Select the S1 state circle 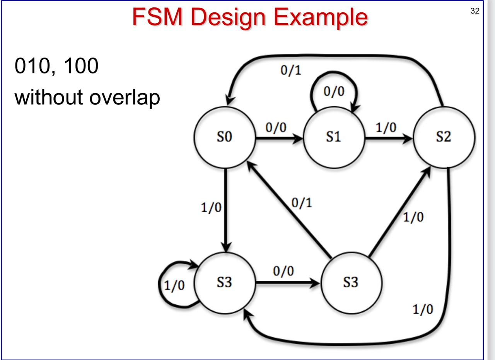pyautogui.click(x=334, y=138)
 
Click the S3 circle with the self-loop pyautogui.click(x=225, y=283)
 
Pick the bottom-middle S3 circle pyautogui.click(x=351, y=283)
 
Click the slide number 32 pyautogui.click(x=475, y=11)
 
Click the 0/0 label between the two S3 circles pyautogui.click(x=283, y=271)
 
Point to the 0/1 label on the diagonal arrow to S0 pyautogui.click(x=301, y=203)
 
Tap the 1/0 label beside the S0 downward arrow pyautogui.click(x=211, y=208)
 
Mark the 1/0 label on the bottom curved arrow pyautogui.click(x=422, y=310)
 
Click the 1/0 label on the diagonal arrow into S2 pyautogui.click(x=413, y=217)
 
